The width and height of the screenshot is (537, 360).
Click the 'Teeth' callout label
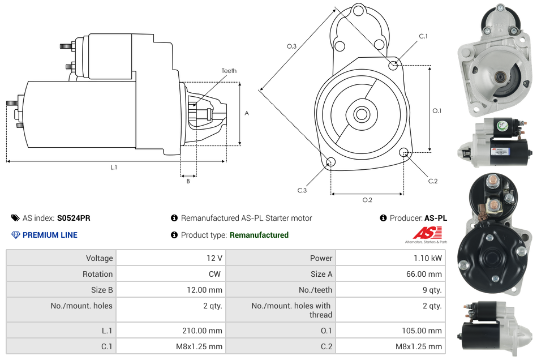tap(229, 71)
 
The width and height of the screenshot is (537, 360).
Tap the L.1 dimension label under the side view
tap(114, 167)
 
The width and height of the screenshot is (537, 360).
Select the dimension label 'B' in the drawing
tap(188, 181)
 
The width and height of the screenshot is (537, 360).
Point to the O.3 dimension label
tap(291, 46)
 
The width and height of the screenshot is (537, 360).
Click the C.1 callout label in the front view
tap(423, 36)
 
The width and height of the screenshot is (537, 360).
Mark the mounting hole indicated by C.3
tap(332, 163)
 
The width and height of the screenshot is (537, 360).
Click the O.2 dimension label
tap(367, 200)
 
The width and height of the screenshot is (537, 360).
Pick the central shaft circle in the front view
tap(361, 114)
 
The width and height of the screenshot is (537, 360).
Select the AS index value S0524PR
tap(74, 218)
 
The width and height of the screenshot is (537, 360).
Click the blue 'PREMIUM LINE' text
tap(50, 235)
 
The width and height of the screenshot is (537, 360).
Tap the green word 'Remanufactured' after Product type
tap(259, 235)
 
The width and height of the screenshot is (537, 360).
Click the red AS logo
tap(427, 233)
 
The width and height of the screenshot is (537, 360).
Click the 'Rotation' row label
tap(97, 274)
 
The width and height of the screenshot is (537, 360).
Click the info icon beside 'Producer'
tap(383, 218)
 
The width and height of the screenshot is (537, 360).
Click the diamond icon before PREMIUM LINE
tap(15, 235)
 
